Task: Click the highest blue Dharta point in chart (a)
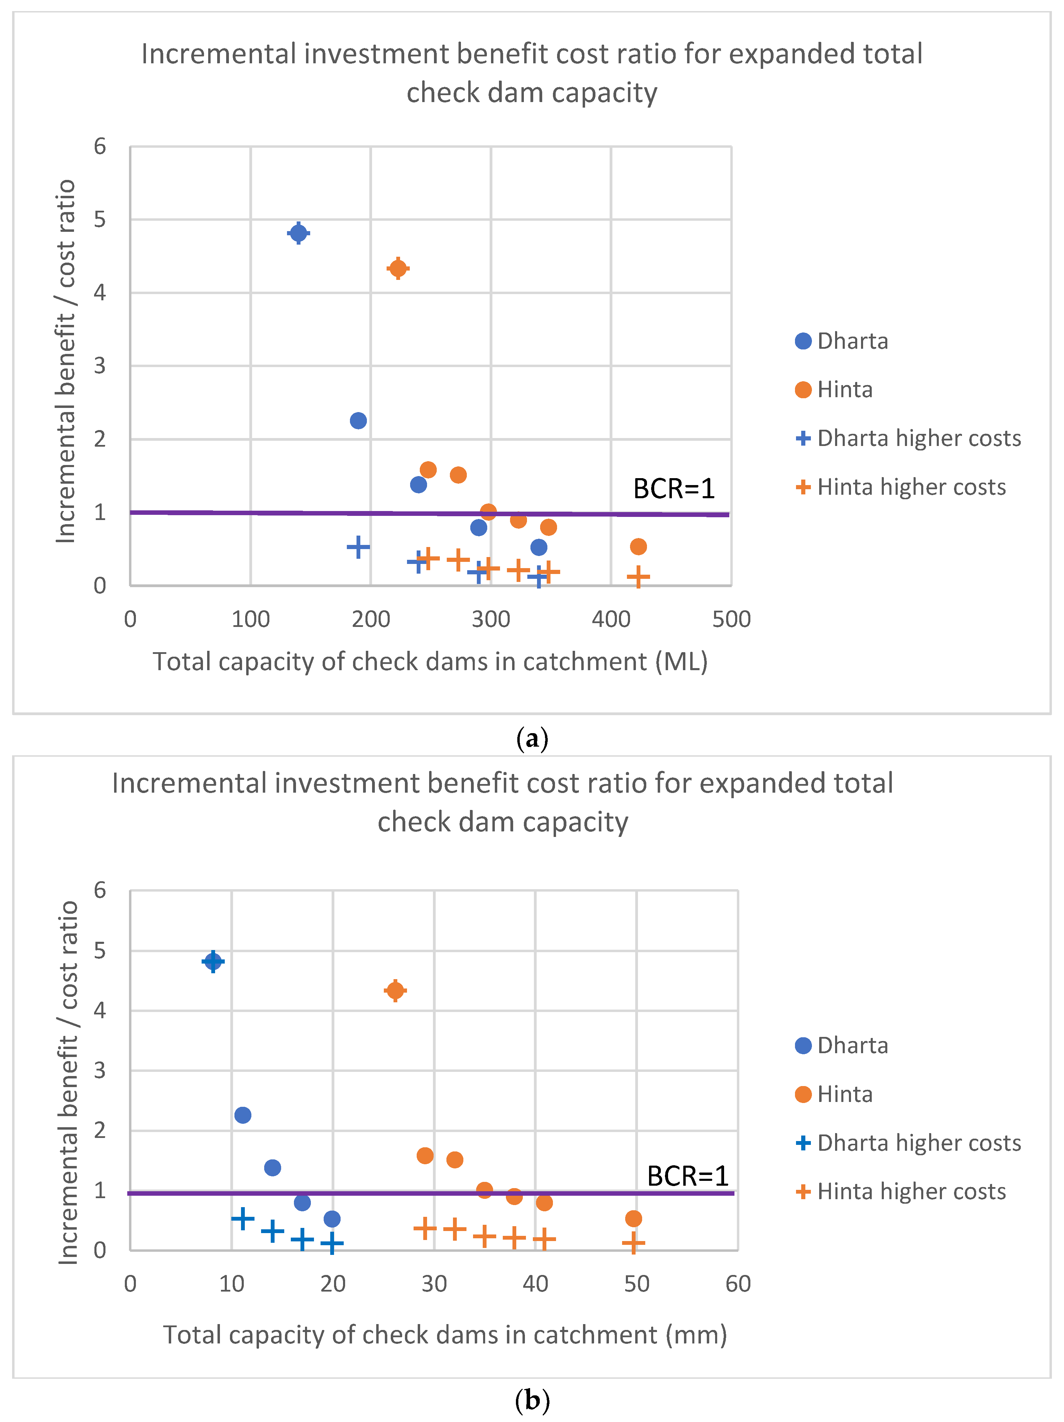[298, 233]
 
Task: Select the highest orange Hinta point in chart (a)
[398, 268]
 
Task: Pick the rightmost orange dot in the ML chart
[638, 546]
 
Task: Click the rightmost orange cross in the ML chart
[638, 577]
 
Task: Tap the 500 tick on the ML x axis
[731, 619]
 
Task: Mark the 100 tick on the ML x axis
[251, 619]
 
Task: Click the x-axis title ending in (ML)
[430, 662]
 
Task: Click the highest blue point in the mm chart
[213, 961]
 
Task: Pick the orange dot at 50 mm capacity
[633, 1218]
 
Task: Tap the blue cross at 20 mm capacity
[332, 1243]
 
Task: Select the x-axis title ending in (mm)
[445, 1335]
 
